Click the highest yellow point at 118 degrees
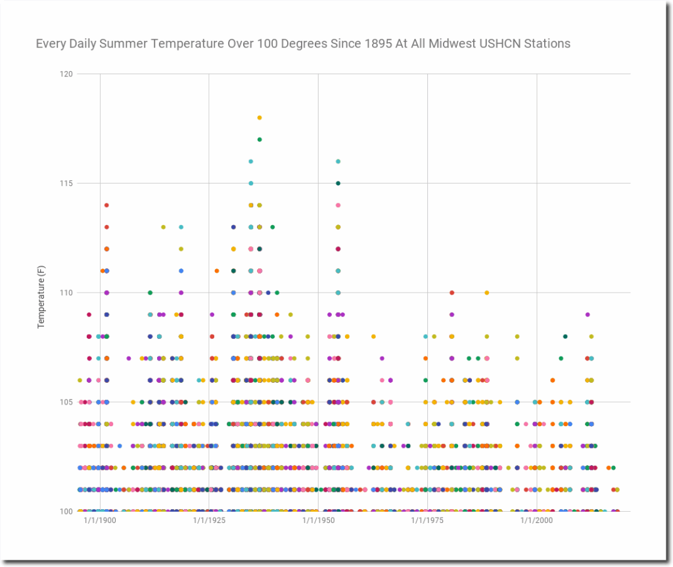click(259, 118)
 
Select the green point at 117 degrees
click(259, 139)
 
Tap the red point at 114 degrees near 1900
click(106, 205)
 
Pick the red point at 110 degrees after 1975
click(452, 293)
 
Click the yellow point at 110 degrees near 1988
click(487, 293)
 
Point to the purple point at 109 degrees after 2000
click(588, 315)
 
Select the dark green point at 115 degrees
click(338, 184)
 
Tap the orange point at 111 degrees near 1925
click(217, 271)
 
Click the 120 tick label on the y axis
click(66, 74)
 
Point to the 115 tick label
click(66, 184)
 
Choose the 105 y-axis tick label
click(66, 402)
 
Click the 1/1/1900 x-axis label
click(100, 520)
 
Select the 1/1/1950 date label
click(319, 520)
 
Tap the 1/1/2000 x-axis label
click(536, 520)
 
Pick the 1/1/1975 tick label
click(427, 520)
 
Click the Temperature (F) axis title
click(41, 297)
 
